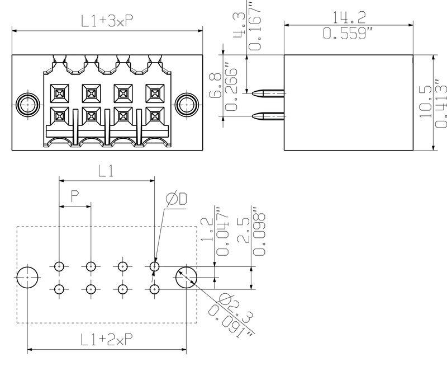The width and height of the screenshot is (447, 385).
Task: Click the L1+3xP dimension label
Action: pos(107,21)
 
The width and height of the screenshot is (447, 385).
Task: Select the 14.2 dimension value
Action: pos(349,17)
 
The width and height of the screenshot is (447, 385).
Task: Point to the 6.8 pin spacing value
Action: pos(216,85)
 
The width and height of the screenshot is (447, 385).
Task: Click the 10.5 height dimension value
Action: pos(426,102)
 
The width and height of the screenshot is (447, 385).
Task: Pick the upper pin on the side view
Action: pos(268,93)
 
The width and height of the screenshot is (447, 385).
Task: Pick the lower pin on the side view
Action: pos(268,116)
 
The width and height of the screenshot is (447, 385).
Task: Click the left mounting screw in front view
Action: pos(27,105)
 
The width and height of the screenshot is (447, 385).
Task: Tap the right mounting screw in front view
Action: pos(187,105)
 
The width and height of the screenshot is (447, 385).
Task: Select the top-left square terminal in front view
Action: pos(60,93)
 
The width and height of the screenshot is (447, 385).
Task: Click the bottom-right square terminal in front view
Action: pos(155,116)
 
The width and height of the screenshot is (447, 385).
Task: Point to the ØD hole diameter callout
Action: pos(177,199)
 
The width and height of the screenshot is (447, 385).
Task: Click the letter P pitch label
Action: pos(75,196)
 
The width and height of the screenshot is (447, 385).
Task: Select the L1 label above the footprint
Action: pos(106,171)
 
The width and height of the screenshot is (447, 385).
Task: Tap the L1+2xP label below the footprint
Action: pos(107,340)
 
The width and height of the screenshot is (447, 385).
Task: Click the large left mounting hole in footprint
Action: pos(27,278)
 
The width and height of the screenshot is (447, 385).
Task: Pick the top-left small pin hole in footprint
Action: pos(59,267)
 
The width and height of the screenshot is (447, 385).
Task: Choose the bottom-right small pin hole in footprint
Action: pos(155,289)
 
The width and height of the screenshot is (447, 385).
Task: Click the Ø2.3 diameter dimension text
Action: pos(235,308)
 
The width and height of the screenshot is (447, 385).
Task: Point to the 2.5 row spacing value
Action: pos(243,230)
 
